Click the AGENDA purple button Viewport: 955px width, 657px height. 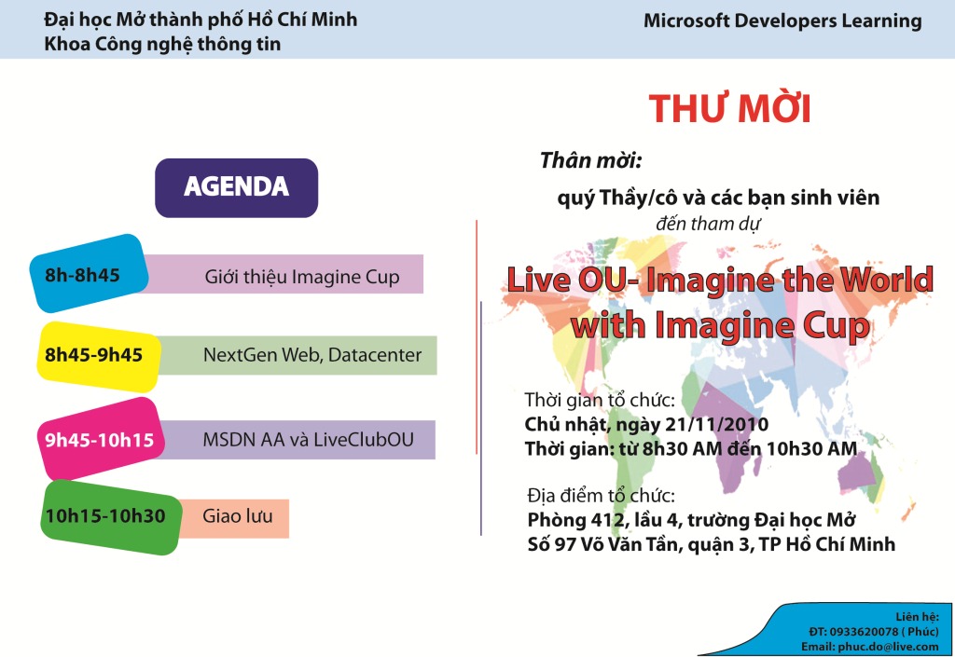click(236, 188)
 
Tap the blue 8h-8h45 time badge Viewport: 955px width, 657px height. click(89, 274)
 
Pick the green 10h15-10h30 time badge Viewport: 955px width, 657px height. click(111, 517)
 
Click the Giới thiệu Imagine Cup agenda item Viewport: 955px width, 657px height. click(302, 277)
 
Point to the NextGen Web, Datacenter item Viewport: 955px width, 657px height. click(312, 355)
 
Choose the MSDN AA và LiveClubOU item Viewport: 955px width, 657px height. click(308, 439)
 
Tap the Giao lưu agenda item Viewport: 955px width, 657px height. click(238, 516)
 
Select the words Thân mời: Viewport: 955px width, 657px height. click(590, 160)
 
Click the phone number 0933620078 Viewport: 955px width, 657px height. click(864, 632)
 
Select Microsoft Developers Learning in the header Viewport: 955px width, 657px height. click(782, 21)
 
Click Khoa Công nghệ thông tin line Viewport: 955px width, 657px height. click(162, 45)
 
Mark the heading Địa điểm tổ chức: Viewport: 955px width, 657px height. click(602, 495)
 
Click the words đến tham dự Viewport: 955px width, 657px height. click(708, 224)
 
